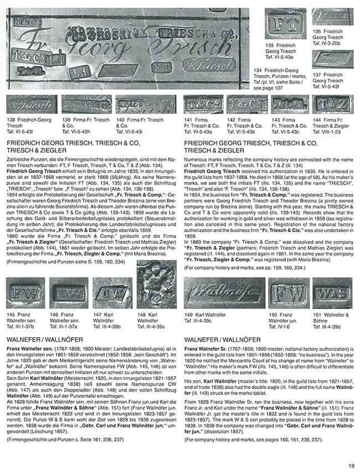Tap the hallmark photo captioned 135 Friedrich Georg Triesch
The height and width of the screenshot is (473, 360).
286,23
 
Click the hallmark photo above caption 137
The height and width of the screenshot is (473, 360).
332,60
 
